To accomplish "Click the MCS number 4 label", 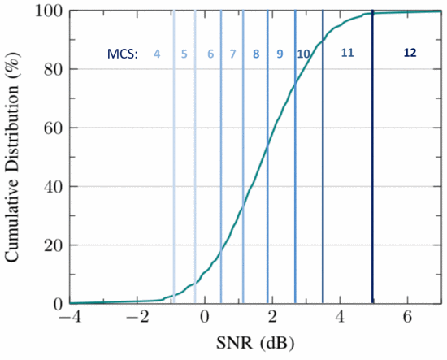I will point(157,54).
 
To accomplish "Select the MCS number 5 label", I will point(184,54).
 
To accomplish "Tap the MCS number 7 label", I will point(233,54).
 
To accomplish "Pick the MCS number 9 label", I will point(280,54).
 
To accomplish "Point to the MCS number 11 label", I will point(347,53).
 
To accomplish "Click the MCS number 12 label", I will point(410,52).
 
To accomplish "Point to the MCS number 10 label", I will point(303,54).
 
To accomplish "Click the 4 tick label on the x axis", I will point(340,318).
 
